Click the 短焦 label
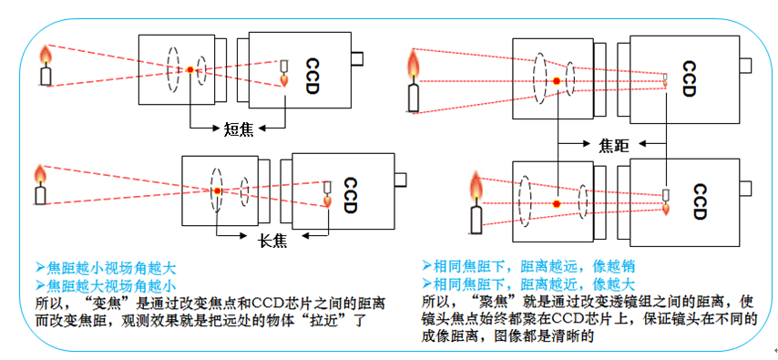coord(239,127)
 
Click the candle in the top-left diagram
coord(46,67)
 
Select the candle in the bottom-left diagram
coord(39,184)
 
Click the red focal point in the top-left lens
coord(189,69)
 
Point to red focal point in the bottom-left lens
coord(218,191)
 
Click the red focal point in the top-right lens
coord(557,82)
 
